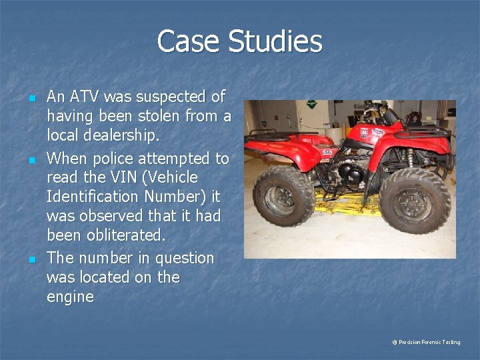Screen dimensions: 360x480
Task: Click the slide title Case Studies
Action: point(239,41)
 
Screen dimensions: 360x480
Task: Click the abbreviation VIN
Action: point(113,177)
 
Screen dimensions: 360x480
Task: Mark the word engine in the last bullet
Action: point(70,297)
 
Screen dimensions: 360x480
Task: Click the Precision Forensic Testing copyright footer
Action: point(426,342)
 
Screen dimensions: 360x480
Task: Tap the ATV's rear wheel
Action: point(284,195)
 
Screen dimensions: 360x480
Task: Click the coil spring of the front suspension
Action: point(411,158)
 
